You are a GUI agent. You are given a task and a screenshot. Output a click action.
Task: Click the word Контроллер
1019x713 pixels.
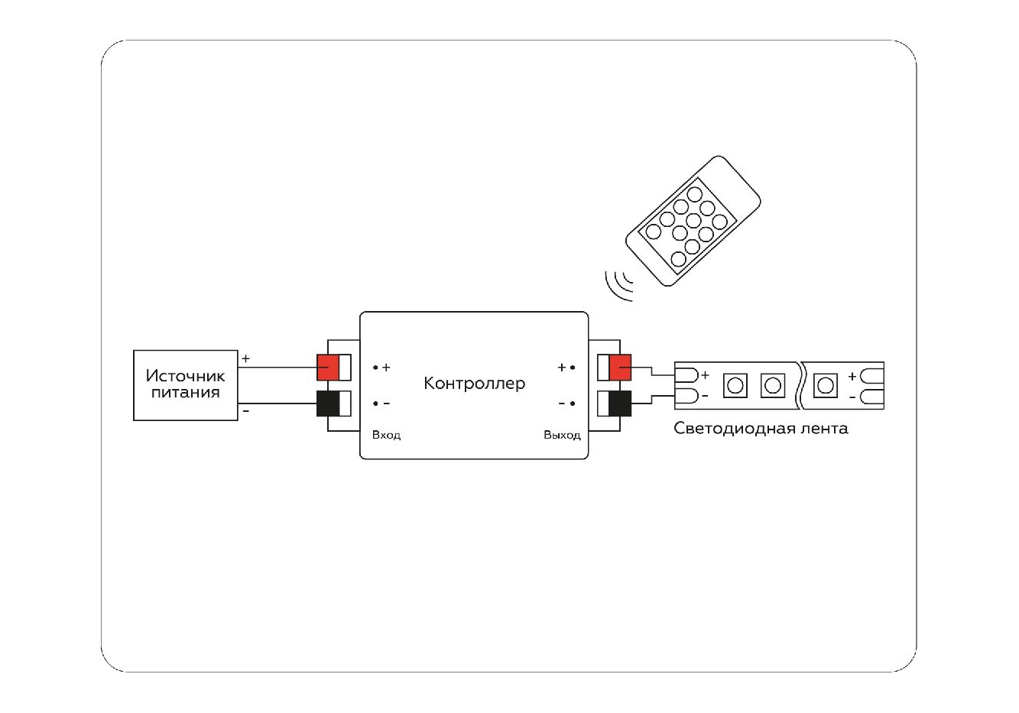474,383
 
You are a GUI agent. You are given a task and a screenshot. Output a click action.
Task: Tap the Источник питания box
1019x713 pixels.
185,384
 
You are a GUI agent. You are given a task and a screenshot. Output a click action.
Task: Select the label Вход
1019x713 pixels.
386,435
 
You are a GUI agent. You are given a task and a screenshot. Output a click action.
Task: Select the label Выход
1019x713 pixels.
562,435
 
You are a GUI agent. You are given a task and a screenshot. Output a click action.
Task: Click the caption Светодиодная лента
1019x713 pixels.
761,428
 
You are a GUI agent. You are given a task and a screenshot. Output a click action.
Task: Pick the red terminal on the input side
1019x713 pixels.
329,368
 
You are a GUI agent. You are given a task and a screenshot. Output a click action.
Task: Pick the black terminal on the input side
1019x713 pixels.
329,403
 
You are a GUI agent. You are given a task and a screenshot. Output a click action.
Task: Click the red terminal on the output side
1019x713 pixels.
620,368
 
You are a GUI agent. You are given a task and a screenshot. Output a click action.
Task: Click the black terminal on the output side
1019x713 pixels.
620,403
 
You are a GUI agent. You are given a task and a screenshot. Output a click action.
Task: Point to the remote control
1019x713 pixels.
693,221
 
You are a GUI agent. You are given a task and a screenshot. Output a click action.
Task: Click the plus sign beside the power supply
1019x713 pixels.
245,358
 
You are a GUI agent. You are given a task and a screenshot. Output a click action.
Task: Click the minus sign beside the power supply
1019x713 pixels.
245,411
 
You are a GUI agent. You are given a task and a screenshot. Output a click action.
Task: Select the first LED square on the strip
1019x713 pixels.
735,384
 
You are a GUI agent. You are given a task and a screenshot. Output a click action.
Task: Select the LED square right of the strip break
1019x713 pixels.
825,384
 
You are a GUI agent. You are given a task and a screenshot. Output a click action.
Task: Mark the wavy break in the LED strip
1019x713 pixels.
800,384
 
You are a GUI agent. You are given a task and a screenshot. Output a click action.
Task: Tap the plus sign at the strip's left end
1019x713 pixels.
705,375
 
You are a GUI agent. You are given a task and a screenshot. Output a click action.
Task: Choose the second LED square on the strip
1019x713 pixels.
773,384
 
